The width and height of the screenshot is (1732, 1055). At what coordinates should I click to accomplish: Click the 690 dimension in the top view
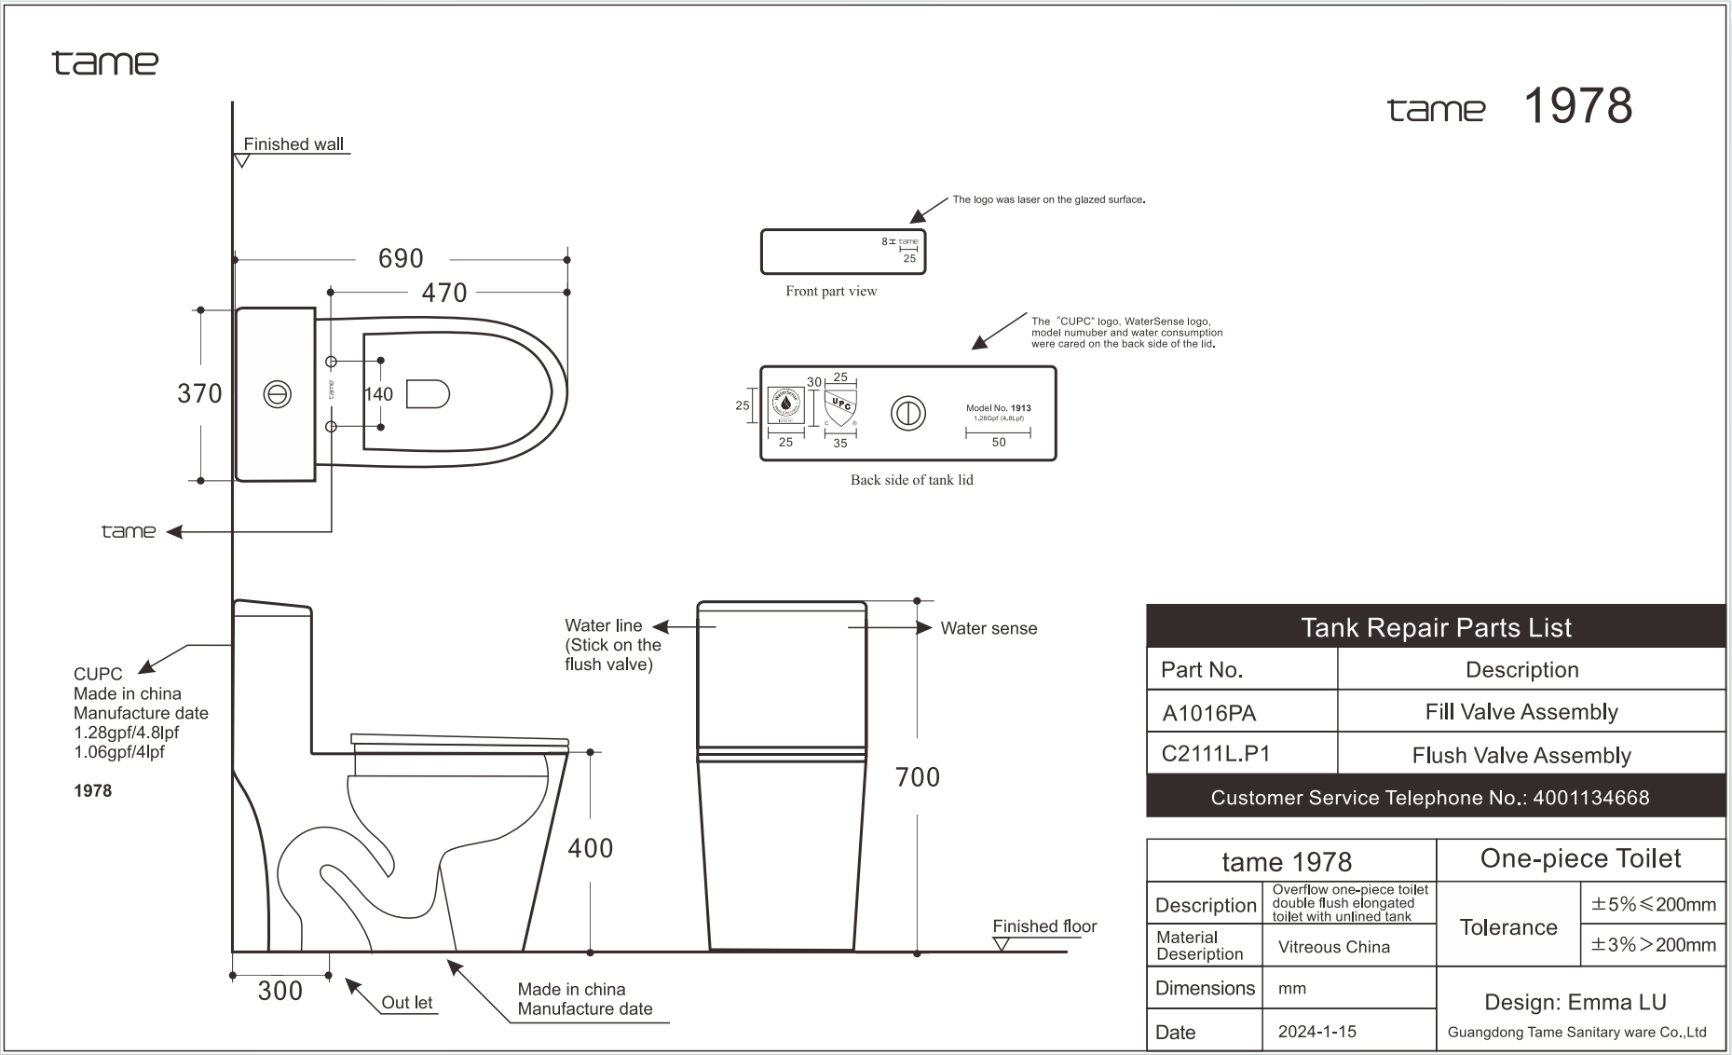(x=401, y=258)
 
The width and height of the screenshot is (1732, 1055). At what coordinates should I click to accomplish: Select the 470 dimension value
(x=443, y=293)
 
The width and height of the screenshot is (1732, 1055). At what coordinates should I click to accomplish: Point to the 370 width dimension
(x=199, y=393)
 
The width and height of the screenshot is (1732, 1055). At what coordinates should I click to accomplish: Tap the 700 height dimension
(x=917, y=777)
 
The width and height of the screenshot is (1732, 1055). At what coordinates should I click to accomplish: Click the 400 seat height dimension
(x=591, y=848)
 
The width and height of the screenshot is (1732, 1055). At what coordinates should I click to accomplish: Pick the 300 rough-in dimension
(x=280, y=991)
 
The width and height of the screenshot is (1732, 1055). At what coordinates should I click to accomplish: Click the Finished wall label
(x=293, y=144)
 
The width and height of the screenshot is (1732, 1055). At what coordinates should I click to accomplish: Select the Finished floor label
(x=1044, y=926)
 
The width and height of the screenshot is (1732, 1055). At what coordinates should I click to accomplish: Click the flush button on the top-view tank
(x=277, y=394)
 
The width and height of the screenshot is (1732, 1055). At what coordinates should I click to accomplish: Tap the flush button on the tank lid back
(x=907, y=413)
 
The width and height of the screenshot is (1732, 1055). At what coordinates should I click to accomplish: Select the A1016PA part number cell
(x=1209, y=713)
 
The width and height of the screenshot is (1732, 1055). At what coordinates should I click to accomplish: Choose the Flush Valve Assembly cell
(x=1521, y=755)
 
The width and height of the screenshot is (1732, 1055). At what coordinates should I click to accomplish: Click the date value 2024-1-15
(x=1316, y=1032)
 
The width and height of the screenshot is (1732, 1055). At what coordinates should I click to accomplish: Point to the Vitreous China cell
(x=1333, y=947)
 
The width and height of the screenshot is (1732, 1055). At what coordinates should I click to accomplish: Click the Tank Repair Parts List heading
(x=1435, y=627)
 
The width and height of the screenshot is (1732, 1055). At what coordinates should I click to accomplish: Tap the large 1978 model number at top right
(x=1577, y=106)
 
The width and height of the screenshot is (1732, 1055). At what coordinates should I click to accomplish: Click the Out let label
(x=407, y=1003)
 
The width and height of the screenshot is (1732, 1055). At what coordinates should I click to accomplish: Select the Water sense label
(x=989, y=628)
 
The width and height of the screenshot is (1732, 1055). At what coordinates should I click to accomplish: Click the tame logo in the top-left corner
(x=105, y=63)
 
